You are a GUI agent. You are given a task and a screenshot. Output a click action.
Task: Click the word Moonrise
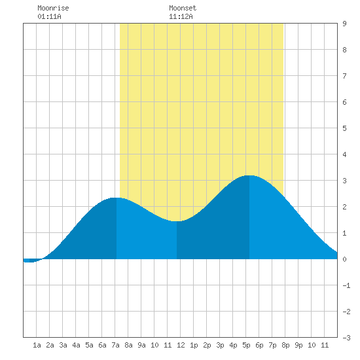[53, 8]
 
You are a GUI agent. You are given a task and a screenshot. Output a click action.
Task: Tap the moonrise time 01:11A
[49, 16]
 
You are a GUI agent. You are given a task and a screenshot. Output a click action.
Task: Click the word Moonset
[183, 8]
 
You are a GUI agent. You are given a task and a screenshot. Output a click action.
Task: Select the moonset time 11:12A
[181, 16]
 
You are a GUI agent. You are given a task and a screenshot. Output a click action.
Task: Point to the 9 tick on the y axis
[344, 24]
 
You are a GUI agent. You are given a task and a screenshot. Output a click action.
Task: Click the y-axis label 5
[344, 128]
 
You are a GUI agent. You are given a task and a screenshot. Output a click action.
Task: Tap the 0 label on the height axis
[344, 259]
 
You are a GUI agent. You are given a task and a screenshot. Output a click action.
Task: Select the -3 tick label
[346, 338]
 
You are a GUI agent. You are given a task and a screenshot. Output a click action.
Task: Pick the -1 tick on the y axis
[346, 285]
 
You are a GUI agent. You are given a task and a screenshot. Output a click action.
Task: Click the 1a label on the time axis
[37, 345]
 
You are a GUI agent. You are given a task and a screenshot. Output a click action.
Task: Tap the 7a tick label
[115, 345]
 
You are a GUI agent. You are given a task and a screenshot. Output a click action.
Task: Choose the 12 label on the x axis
[181, 345]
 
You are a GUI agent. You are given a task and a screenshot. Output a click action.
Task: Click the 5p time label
[246, 345]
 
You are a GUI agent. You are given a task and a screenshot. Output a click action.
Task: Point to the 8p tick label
[285, 345]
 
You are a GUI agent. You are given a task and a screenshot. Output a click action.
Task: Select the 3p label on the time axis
[220, 345]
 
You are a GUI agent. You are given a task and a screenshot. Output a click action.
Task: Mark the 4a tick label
[76, 345]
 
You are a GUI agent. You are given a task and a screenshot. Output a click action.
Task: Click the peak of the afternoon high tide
[249, 175]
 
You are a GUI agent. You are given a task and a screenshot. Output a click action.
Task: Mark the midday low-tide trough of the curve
[177, 221]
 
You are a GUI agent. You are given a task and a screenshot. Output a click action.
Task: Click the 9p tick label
[298, 345]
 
